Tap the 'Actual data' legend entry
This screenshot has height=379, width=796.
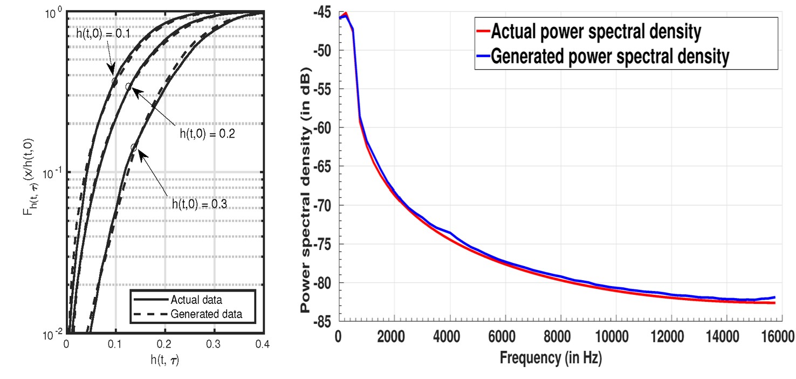click(x=196, y=300)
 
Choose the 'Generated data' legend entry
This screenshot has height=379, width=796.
click(x=205, y=313)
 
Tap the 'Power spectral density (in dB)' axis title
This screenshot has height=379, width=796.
click(x=306, y=190)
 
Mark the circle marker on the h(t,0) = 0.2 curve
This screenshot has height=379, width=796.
click(x=128, y=86)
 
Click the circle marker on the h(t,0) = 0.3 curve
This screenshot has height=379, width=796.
click(x=134, y=147)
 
